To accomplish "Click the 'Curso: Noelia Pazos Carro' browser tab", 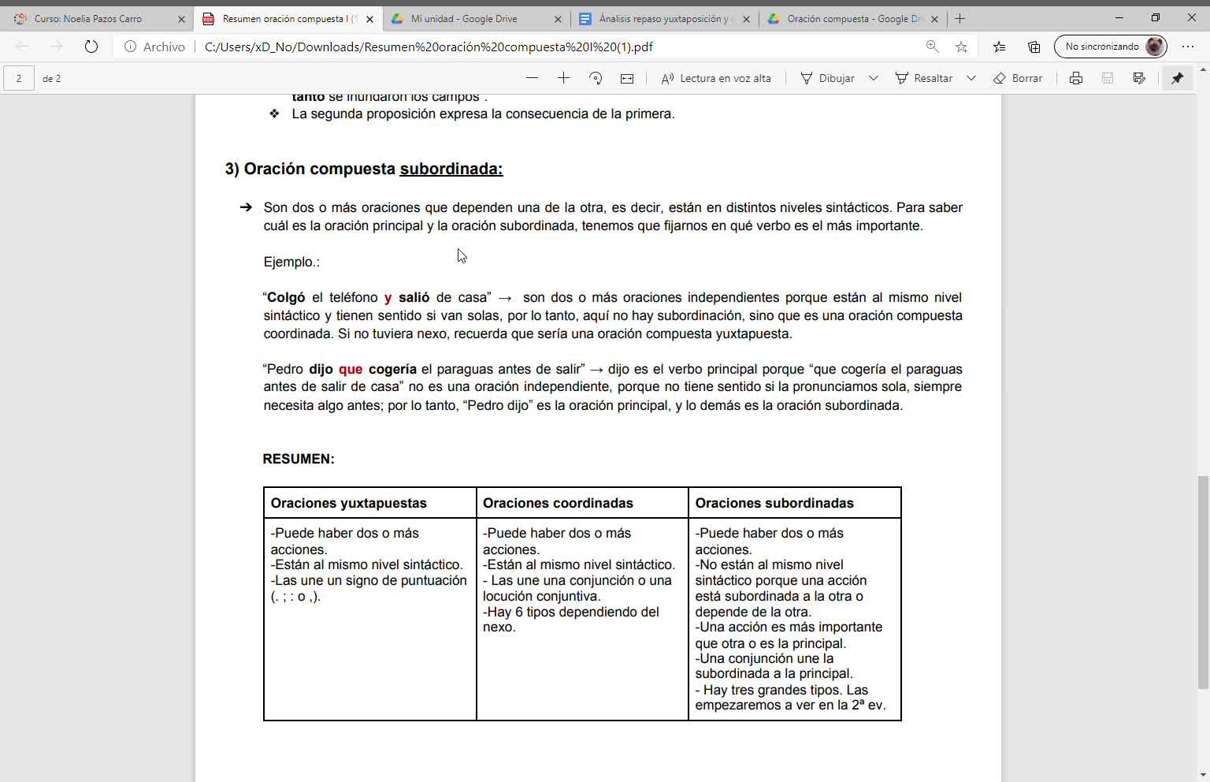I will (88, 19).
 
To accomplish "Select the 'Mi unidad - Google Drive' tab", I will (464, 19).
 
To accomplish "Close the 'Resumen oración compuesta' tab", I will (369, 19).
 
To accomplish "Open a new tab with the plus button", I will (959, 19).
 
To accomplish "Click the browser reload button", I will (91, 47).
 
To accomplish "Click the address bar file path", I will (429, 47).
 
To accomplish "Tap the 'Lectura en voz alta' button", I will (716, 78).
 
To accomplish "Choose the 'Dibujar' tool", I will (827, 78).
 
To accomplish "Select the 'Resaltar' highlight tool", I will (924, 78).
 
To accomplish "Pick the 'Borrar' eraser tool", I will (1018, 78).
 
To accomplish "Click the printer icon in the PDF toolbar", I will (1075, 78).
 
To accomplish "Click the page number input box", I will (19, 78).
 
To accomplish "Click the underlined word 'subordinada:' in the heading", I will (451, 169).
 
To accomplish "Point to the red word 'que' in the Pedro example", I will (351, 369).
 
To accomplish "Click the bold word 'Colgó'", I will (286, 297).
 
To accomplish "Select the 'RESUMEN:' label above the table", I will (299, 459).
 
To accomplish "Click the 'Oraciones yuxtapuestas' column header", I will (348, 503).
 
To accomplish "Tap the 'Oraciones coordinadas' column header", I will (558, 503).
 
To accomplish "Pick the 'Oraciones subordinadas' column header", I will (774, 503).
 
